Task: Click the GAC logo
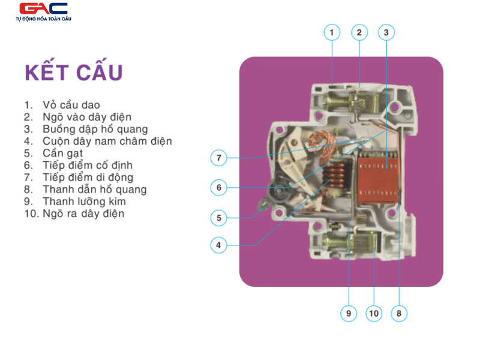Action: coord(43,11)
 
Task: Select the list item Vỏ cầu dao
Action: coord(62,104)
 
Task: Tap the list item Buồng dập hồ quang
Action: coord(86,129)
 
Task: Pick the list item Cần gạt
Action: coord(53,153)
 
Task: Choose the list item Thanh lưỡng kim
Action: coord(75,202)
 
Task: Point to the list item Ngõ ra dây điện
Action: coord(74,214)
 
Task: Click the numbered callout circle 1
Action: coord(332,32)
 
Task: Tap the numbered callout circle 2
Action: coord(359,32)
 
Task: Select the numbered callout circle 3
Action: coord(386,32)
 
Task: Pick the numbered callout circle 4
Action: coord(218,245)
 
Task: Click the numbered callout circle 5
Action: coord(218,218)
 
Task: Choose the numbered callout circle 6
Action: coord(218,187)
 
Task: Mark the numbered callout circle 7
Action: coord(218,158)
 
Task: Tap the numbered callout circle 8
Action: coord(399,313)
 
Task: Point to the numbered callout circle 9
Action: coord(349,313)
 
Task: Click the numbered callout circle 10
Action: coord(374,313)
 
